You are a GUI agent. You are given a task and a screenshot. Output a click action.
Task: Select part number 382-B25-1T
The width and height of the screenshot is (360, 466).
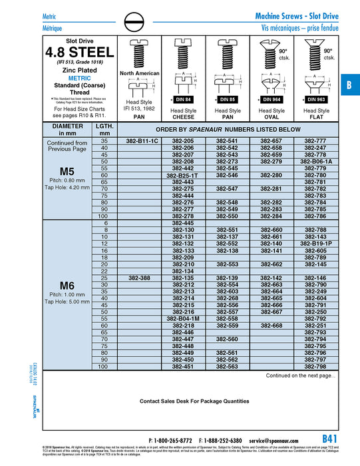coord(183,175)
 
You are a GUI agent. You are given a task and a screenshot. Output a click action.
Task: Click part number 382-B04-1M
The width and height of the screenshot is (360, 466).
coord(183,318)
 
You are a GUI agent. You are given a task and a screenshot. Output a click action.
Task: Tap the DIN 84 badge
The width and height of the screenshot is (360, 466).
coord(183,99)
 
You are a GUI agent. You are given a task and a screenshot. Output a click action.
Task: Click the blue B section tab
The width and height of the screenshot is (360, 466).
coord(349,85)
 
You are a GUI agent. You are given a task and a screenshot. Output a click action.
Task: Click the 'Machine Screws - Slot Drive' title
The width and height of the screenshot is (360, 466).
coord(297,15)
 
